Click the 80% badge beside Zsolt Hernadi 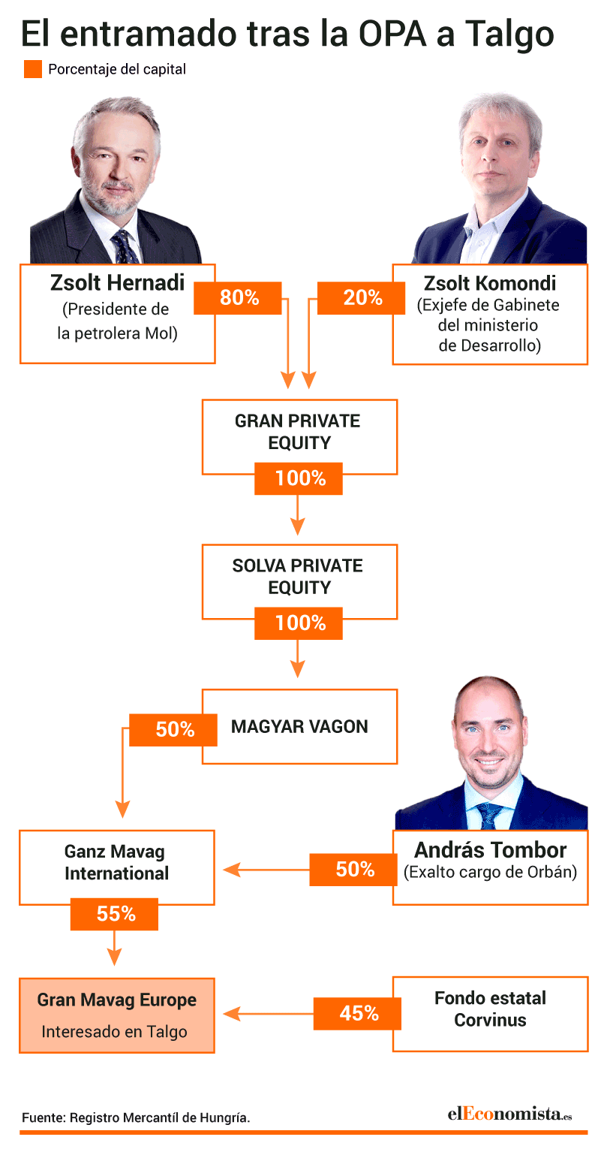[x=238, y=298]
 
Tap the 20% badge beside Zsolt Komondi [x=362, y=298]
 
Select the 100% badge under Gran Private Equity [x=299, y=478]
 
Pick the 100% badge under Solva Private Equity [x=299, y=623]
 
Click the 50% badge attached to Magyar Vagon [x=173, y=730]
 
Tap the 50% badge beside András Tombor [x=353, y=870]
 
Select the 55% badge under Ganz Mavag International [x=114, y=914]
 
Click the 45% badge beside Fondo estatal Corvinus [x=358, y=1014]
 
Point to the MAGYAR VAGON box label [x=299, y=727]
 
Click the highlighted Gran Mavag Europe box [x=117, y=1015]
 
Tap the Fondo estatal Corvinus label [x=491, y=1009]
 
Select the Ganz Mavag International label [x=116, y=862]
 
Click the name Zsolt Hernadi [x=117, y=282]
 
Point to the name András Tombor [x=491, y=850]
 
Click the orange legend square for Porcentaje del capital [x=33, y=69]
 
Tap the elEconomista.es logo [x=509, y=1114]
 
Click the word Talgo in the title [x=509, y=35]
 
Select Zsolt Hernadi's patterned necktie [x=125, y=247]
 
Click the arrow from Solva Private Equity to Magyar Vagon [x=298, y=659]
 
